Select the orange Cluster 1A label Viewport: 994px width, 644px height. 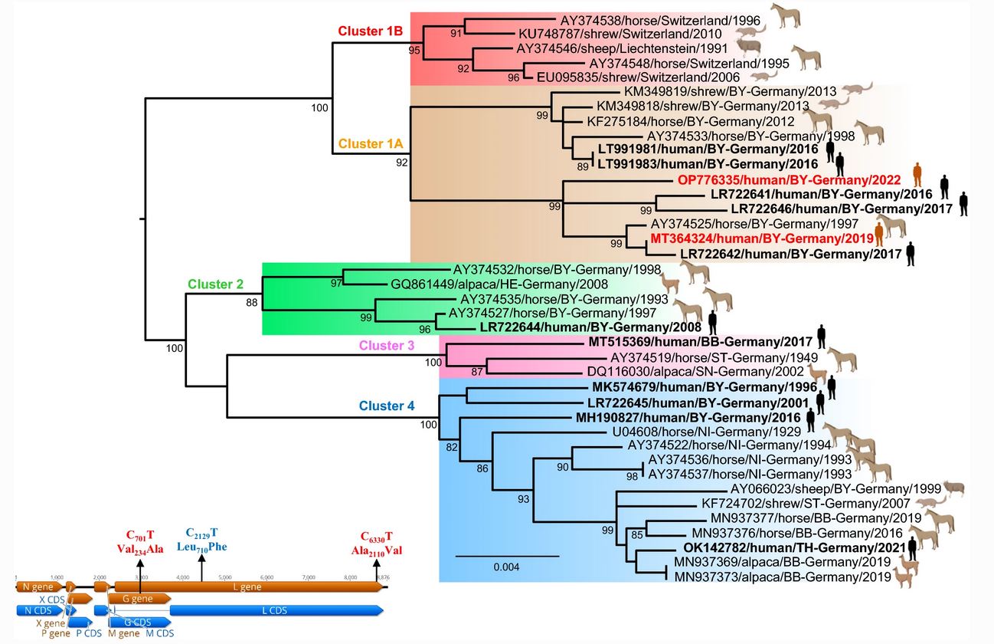371,143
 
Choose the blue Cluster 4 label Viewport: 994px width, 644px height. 381,406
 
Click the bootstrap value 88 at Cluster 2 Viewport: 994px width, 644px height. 253,304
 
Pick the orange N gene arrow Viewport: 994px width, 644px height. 38,586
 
